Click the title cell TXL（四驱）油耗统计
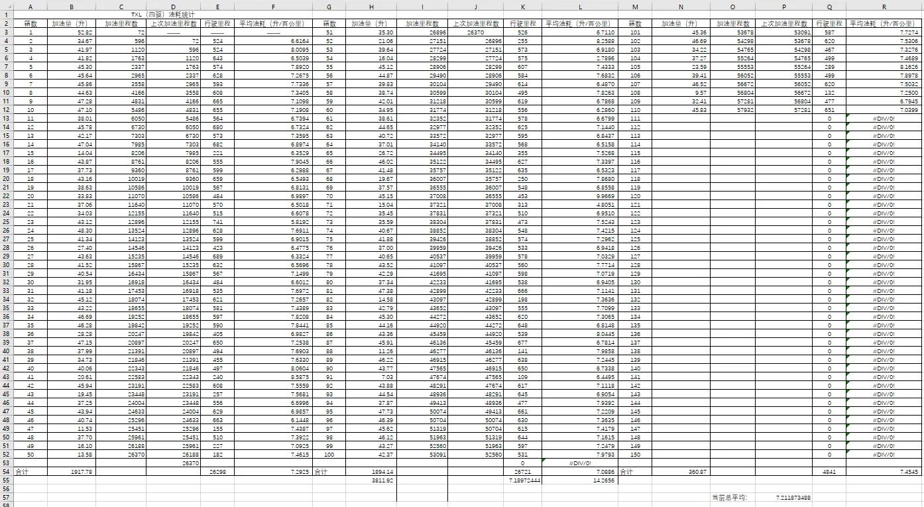(162, 14)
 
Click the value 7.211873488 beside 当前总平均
(791, 497)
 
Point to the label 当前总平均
(729, 497)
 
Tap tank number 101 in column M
(635, 32)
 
